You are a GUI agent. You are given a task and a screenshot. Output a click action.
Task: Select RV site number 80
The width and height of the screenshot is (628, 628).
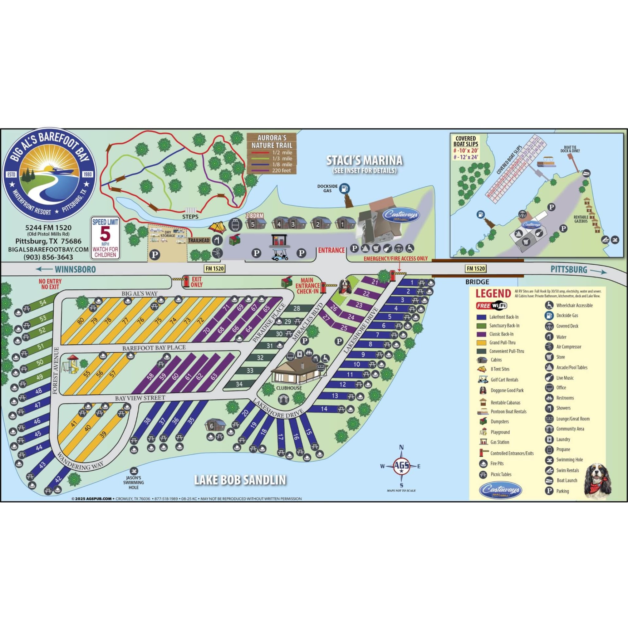click(x=80, y=321)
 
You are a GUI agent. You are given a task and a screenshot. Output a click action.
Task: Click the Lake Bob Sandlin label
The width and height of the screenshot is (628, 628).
click(x=240, y=480)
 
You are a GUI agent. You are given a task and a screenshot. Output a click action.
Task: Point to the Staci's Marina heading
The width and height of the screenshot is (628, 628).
click(x=364, y=161)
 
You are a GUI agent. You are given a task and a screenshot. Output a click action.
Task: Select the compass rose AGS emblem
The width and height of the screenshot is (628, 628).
click(x=401, y=466)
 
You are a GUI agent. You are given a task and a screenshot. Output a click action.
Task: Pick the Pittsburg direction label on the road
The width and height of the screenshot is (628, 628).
click(x=569, y=270)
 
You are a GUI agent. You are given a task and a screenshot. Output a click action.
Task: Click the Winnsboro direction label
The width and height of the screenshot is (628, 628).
click(x=75, y=270)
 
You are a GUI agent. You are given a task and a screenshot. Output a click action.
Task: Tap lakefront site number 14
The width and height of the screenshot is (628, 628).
click(x=324, y=409)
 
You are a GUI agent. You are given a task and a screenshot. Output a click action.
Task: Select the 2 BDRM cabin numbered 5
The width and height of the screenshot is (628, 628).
click(x=253, y=224)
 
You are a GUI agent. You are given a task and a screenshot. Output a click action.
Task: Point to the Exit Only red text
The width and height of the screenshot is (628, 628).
click(x=196, y=282)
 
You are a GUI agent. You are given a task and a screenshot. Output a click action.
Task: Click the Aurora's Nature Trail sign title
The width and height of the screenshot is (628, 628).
click(x=272, y=142)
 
